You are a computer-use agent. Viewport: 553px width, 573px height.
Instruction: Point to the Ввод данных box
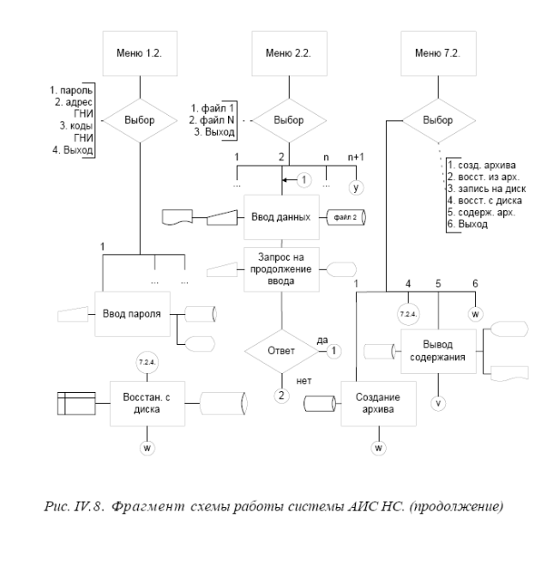point(282,216)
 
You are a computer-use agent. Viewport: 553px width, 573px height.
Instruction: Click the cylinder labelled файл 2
point(345,216)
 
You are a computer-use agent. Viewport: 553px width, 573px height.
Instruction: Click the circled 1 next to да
point(334,351)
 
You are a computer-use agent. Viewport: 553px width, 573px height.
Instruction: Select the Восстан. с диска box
point(144,402)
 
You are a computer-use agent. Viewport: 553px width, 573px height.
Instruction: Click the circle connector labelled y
point(354,186)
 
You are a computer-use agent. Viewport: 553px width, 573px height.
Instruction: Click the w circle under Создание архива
point(379,447)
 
